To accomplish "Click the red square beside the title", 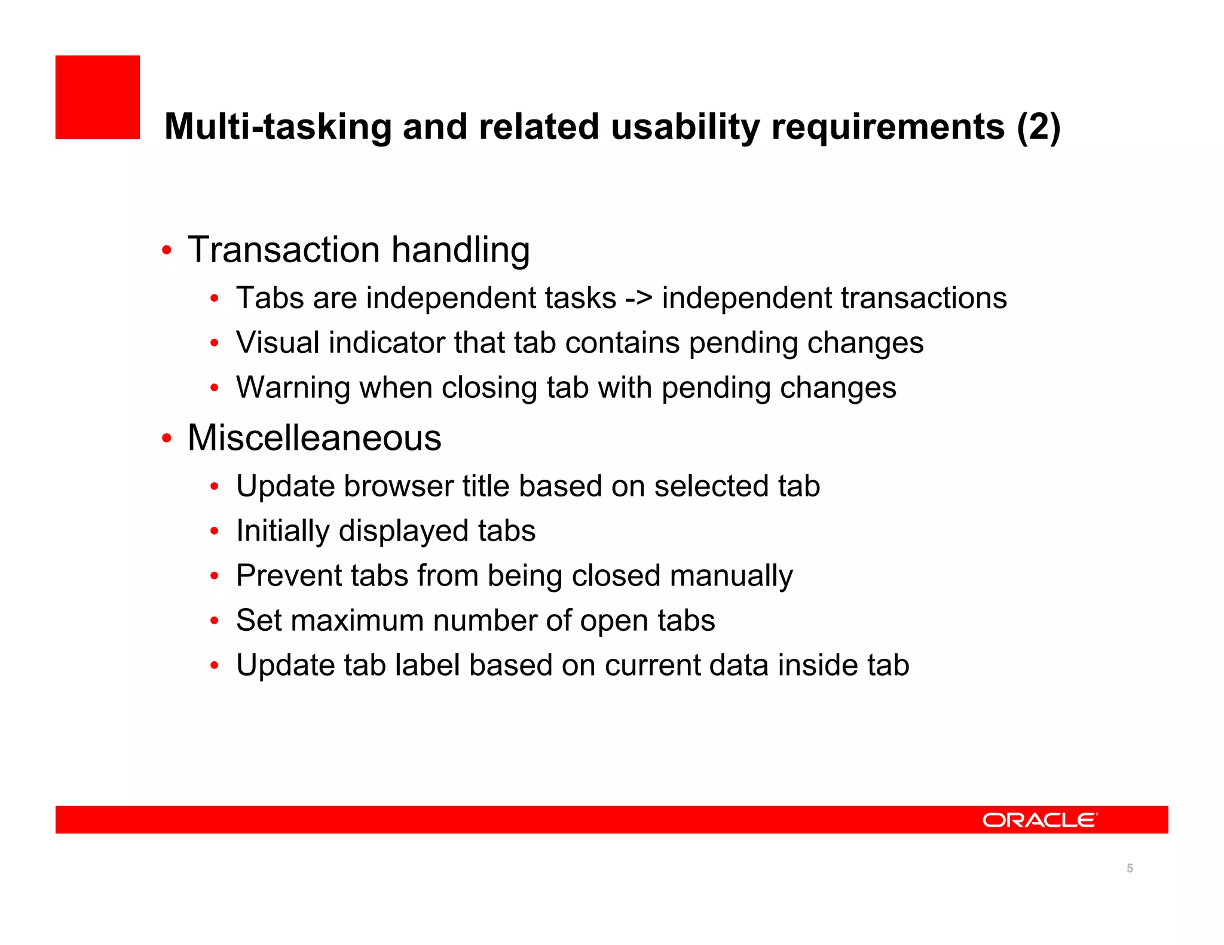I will (x=97, y=97).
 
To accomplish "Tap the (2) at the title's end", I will (x=1038, y=127).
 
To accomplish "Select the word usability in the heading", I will (x=685, y=127).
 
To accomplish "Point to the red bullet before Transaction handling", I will (x=167, y=250).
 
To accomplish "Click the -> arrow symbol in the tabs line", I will (x=638, y=298).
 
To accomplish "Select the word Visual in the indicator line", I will (x=277, y=343).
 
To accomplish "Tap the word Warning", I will (x=293, y=388).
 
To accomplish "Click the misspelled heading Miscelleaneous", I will (x=314, y=438).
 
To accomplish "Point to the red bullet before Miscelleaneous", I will (x=167, y=439).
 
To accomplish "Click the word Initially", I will (x=282, y=531).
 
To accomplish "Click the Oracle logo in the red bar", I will (x=1039, y=820).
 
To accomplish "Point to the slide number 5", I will (x=1130, y=869).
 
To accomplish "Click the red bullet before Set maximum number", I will (x=215, y=621).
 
